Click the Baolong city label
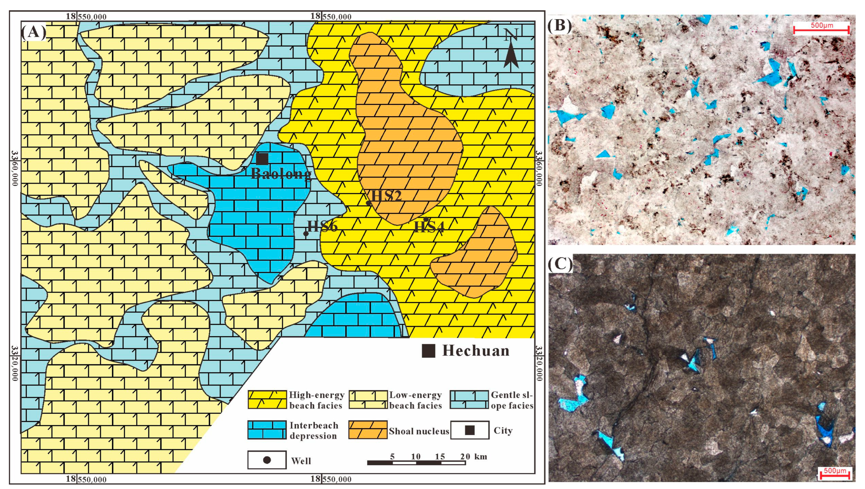281,174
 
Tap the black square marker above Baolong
262,159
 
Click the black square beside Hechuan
428,351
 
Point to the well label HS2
386,195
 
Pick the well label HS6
322,226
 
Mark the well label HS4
429,227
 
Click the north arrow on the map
511,49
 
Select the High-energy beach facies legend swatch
267,400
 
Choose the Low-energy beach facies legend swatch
368,400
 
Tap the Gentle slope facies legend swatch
469,400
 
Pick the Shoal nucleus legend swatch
368,430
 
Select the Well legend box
267,460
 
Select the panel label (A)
33,33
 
